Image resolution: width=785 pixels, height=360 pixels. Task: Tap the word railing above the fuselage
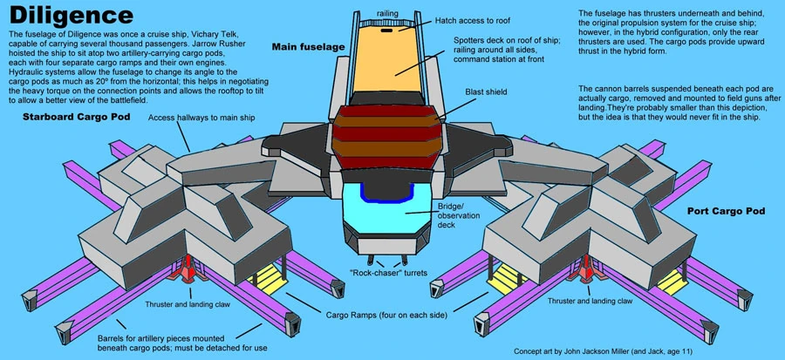coord(389,14)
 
